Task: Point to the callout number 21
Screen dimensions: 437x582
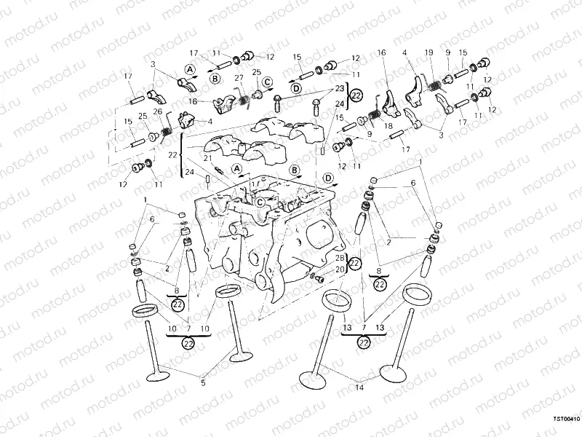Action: tap(207, 158)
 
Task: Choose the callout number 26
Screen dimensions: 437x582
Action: tap(157, 112)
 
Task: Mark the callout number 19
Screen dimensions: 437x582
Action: tap(428, 52)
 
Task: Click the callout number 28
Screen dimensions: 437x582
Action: tap(339, 259)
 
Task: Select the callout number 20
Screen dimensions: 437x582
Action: tap(339, 269)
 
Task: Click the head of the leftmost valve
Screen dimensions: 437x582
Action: tap(157, 376)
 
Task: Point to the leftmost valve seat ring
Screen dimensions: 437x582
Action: tap(146, 312)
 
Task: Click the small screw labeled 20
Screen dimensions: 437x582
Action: tap(316, 277)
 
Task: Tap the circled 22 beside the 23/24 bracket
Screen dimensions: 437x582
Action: tap(356, 95)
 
